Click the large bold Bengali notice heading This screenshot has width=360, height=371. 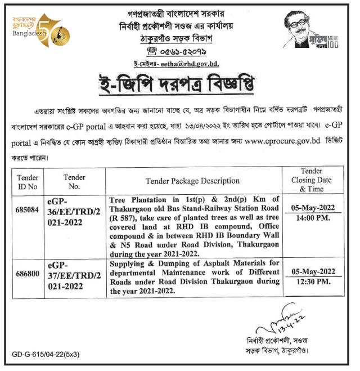(180, 87)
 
